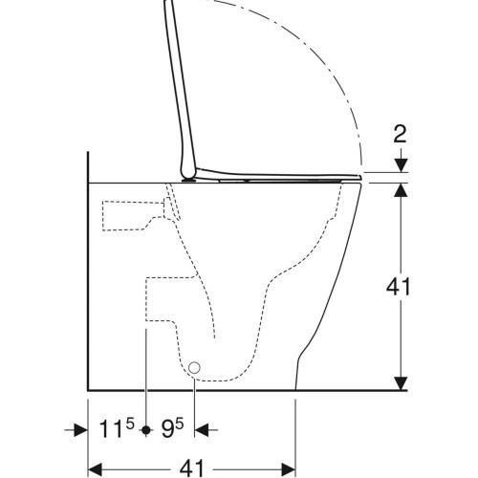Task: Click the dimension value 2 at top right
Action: pyautogui.click(x=400, y=134)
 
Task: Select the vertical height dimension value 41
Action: pyautogui.click(x=398, y=287)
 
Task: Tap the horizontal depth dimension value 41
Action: pyautogui.click(x=191, y=468)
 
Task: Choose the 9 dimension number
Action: pyautogui.click(x=167, y=429)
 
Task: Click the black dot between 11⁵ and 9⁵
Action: pyautogui.click(x=146, y=430)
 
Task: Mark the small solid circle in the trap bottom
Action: pyautogui.click(x=194, y=368)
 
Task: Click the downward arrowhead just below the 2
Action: pyautogui.click(x=402, y=165)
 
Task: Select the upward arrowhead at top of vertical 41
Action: pyautogui.click(x=402, y=190)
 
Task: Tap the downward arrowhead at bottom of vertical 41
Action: pyautogui.click(x=402, y=382)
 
